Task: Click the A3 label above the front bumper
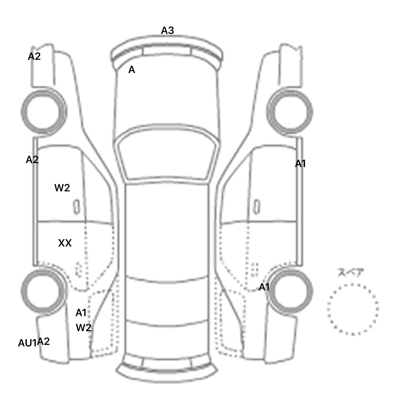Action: pos(167,31)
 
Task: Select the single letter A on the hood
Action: pos(132,70)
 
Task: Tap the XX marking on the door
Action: pos(65,243)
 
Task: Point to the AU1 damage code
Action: pos(27,343)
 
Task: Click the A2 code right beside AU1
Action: pos(44,342)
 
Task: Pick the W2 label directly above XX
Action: pos(62,188)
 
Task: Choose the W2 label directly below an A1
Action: pos(83,328)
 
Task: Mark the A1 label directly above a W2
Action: pos(81,313)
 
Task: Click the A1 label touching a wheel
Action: pos(264,287)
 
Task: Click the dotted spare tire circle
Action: pos(352,309)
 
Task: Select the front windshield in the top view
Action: pos(167,155)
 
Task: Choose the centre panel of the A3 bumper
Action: pos(167,51)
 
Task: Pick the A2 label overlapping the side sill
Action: pos(32,160)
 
